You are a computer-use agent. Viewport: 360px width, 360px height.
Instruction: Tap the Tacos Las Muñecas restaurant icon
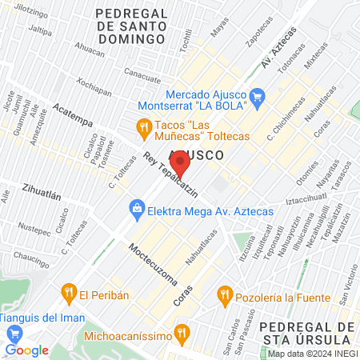[x=143, y=126]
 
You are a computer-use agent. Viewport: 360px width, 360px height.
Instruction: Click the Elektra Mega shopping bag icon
[x=135, y=211]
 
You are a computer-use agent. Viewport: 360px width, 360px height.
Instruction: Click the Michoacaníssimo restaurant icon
[x=182, y=330]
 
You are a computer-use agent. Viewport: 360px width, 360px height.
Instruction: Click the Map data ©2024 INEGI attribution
[x=310, y=354]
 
